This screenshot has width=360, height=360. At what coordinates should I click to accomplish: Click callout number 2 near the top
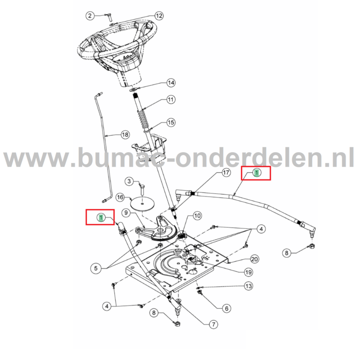tap(89, 16)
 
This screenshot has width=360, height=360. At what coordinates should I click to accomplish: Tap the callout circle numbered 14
tap(171, 83)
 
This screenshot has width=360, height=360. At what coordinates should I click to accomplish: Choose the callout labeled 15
tap(171, 122)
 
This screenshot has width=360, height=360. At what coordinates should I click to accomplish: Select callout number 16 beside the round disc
tap(120, 197)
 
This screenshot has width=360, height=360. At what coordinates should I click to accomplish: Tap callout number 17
tap(225, 173)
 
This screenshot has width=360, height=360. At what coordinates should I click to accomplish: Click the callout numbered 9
tap(124, 212)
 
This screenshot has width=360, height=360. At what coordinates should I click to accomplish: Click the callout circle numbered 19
tap(248, 272)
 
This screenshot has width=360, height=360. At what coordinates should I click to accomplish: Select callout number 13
tap(248, 285)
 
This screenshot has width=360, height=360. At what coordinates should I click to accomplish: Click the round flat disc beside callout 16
tap(141, 204)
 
